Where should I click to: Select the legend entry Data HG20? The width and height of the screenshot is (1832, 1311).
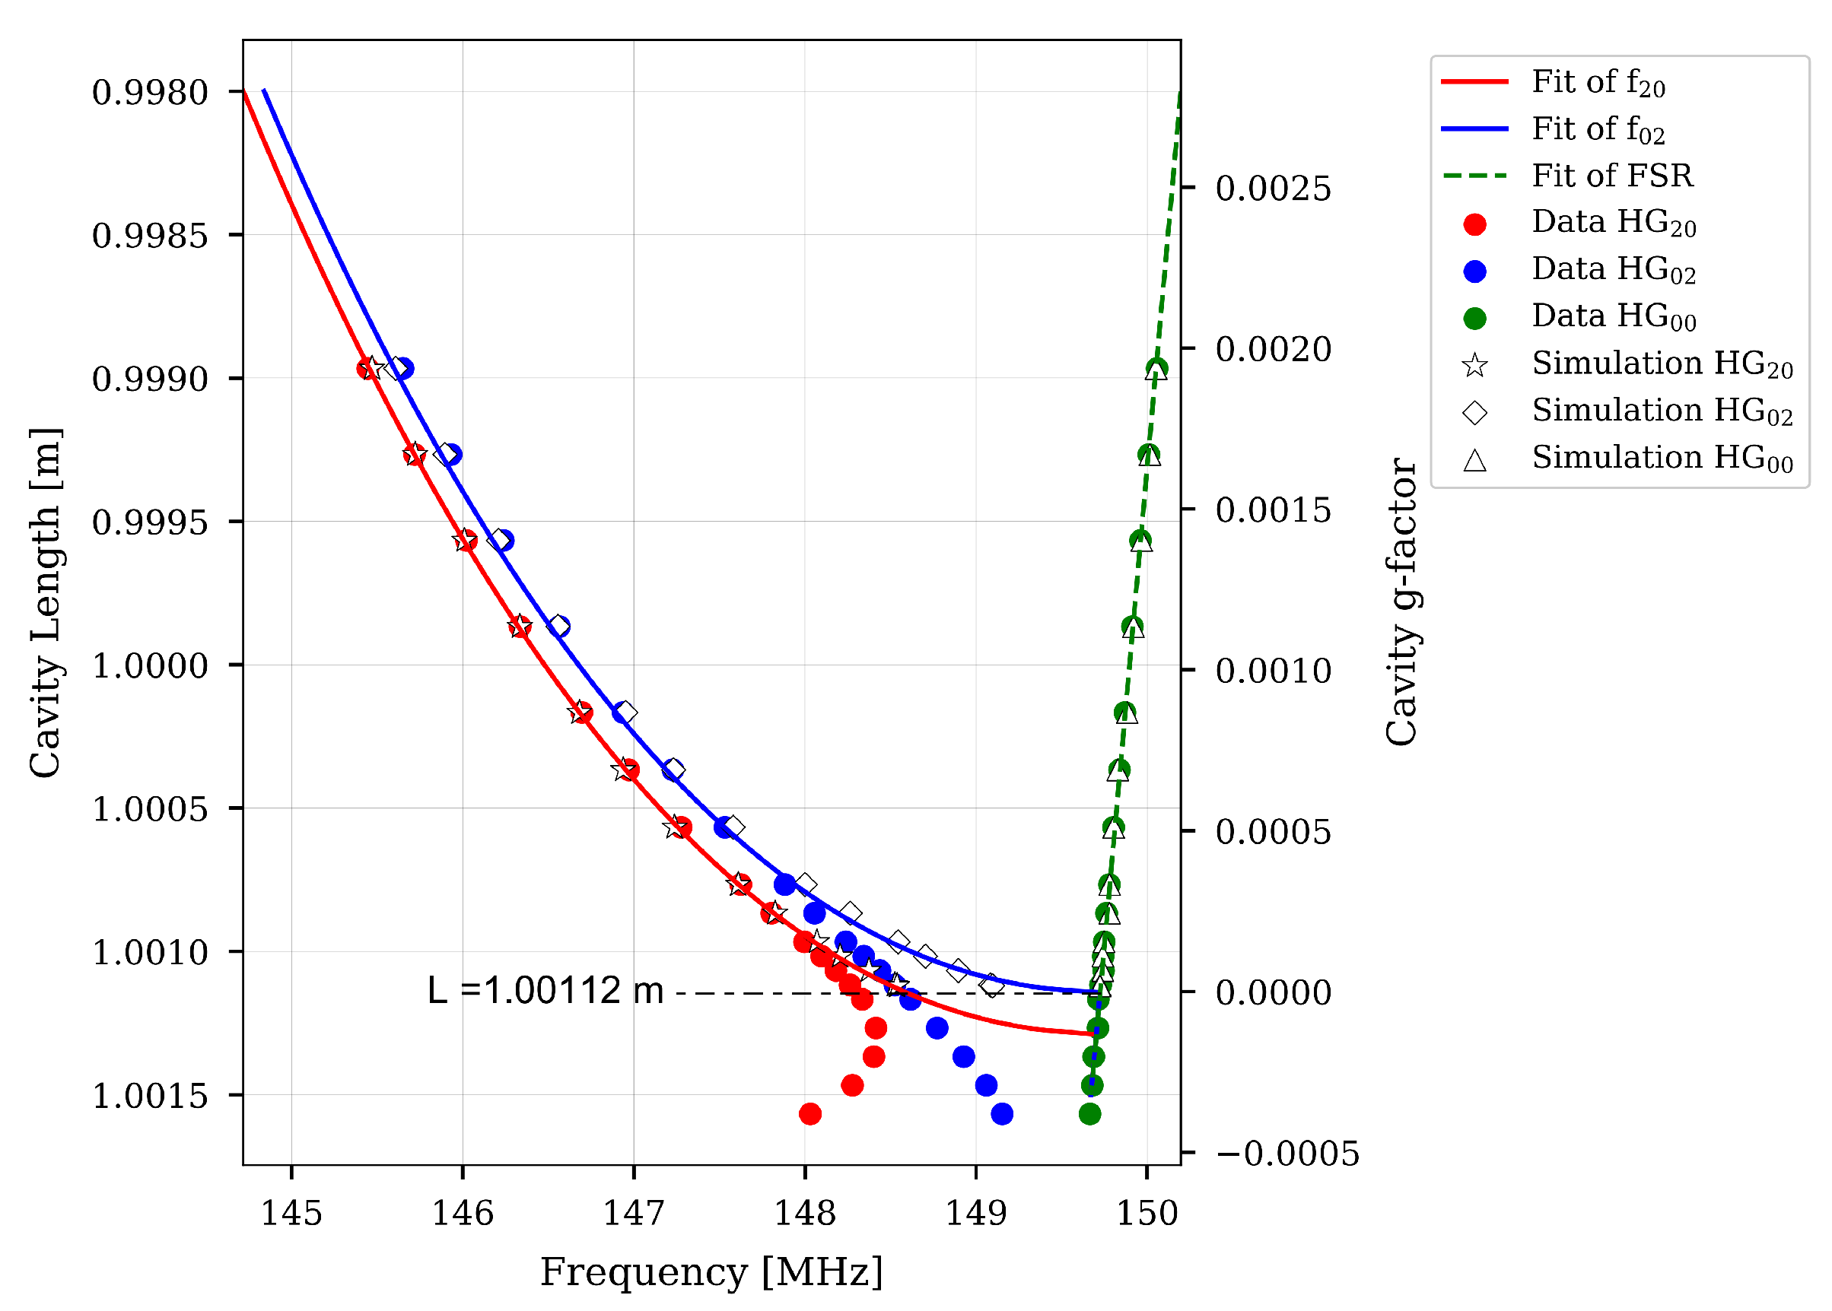tap(1613, 222)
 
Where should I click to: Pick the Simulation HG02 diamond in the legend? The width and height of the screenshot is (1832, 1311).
tap(1474, 411)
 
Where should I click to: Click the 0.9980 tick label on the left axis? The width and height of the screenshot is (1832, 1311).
tap(150, 92)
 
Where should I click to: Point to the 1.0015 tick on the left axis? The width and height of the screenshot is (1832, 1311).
tap(150, 1096)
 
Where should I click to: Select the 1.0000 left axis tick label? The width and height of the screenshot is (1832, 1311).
tap(150, 665)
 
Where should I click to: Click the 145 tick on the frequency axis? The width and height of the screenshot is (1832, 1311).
tap(291, 1214)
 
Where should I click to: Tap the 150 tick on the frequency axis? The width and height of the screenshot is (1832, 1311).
tap(1147, 1214)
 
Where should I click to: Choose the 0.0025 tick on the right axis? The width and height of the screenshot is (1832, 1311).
tap(1274, 188)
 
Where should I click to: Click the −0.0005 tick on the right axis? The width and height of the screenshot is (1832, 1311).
tap(1287, 1153)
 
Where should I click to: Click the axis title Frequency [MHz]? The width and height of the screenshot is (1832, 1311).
tap(711, 1272)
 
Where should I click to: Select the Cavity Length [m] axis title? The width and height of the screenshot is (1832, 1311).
tap(45, 602)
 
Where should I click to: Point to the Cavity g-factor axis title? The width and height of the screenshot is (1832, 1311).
tap(1401, 602)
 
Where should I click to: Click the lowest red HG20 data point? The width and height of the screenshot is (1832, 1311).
tap(809, 1114)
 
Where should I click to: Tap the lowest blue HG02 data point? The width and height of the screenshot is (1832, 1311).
tap(1001, 1114)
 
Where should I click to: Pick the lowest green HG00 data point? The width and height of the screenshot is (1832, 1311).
tap(1089, 1114)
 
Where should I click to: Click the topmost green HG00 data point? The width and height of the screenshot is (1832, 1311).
tap(1156, 369)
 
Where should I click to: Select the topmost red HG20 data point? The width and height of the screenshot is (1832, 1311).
tap(367, 368)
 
